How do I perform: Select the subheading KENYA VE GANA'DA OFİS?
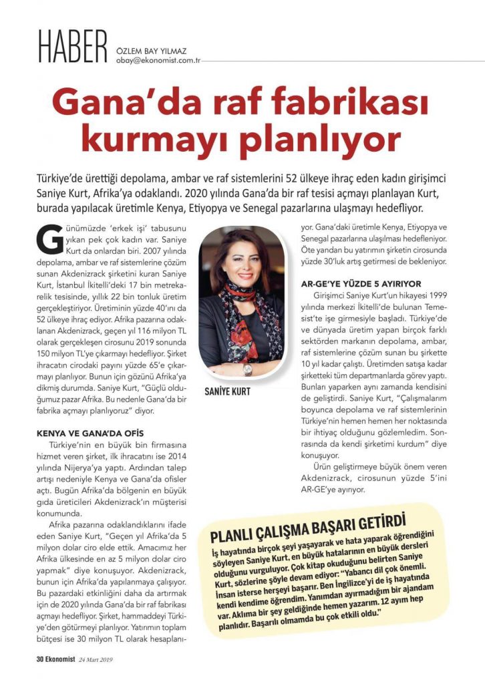(x=90, y=434)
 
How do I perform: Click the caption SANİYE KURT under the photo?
(x=227, y=391)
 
